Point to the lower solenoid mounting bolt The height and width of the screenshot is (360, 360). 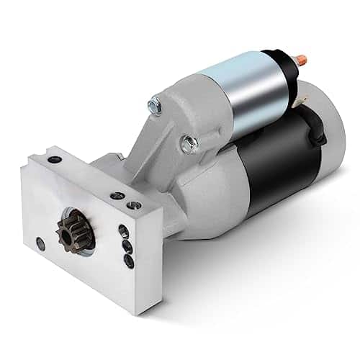coord(189,143)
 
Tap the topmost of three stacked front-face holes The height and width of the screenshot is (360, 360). coord(123,230)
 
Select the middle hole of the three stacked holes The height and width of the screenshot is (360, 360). coord(127,246)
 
